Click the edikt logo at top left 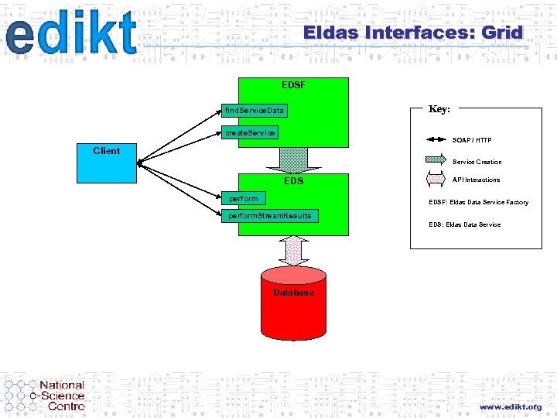pyautogui.click(x=70, y=35)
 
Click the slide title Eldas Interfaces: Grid pyautogui.click(x=413, y=33)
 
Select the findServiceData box pyautogui.click(x=253, y=111)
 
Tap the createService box pyautogui.click(x=249, y=133)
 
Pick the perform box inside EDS pyautogui.click(x=243, y=199)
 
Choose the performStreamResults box pyautogui.click(x=269, y=216)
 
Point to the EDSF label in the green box pyautogui.click(x=293, y=84)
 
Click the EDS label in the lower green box pyautogui.click(x=293, y=181)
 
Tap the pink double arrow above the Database pyautogui.click(x=293, y=250)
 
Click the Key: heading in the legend pyautogui.click(x=439, y=109)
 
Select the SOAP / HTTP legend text pyautogui.click(x=471, y=140)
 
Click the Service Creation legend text pyautogui.click(x=477, y=162)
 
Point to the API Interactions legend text pyautogui.click(x=476, y=180)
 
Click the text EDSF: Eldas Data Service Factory pyautogui.click(x=478, y=202)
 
